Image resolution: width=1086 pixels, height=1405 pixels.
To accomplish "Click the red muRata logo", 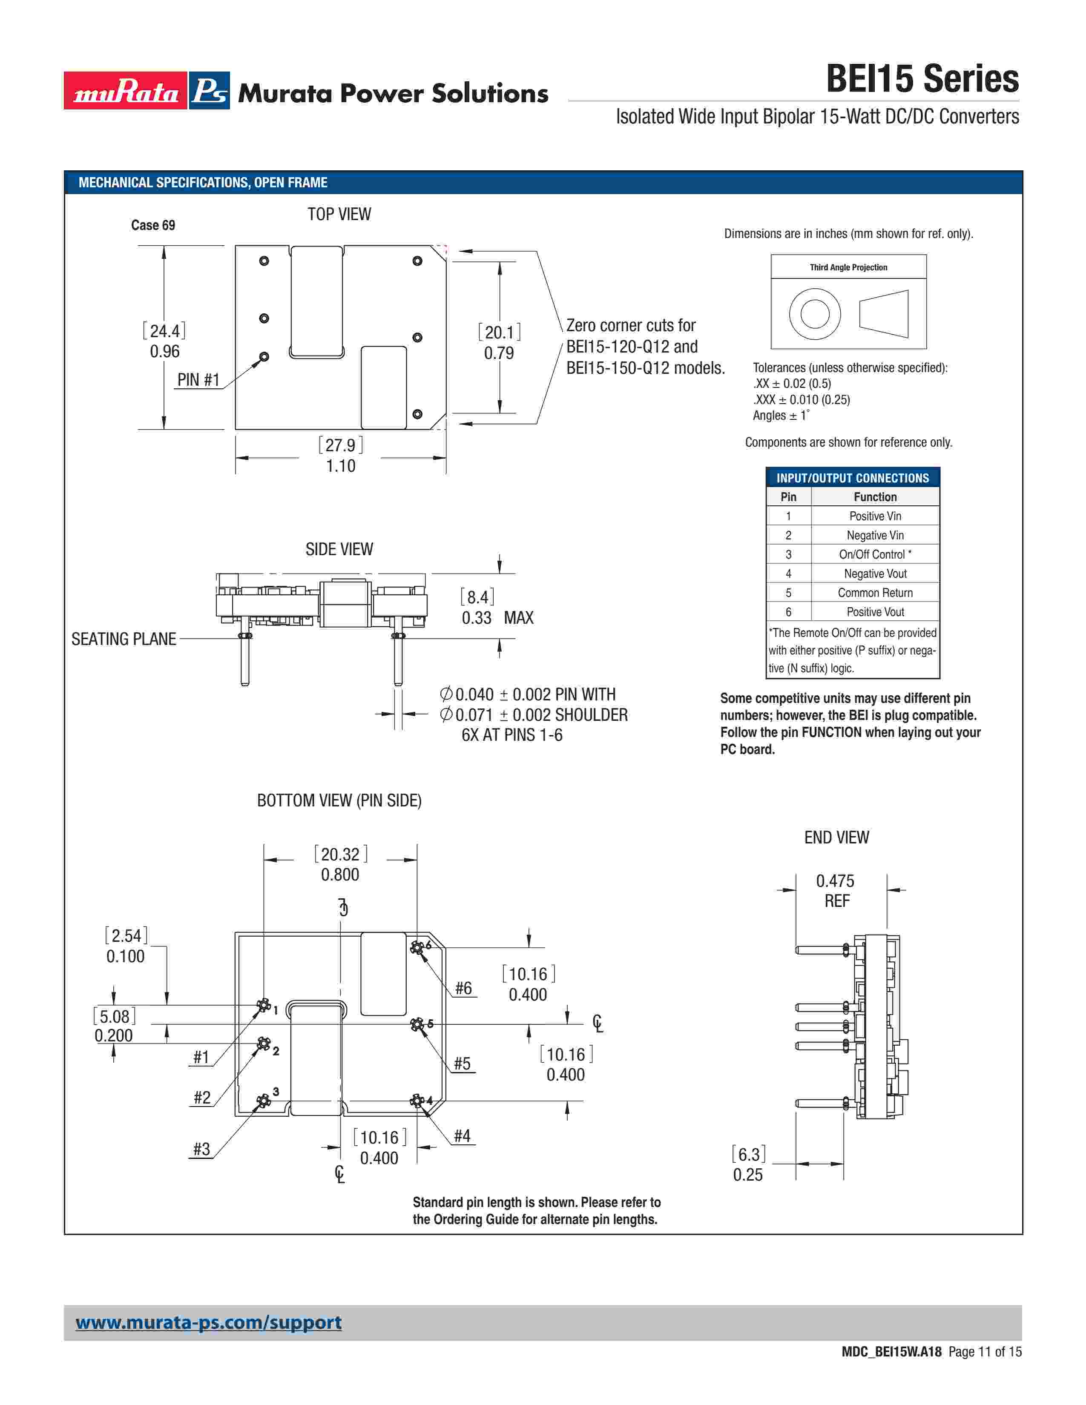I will tap(126, 91).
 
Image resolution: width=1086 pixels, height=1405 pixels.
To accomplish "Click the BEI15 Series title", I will tap(922, 79).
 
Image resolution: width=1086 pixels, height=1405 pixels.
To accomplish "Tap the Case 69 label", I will tap(153, 225).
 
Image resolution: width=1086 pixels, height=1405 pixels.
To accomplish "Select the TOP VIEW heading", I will tap(339, 214).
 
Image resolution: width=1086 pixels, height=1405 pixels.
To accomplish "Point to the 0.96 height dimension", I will tap(165, 351).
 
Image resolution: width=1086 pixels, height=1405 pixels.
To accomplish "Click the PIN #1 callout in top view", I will tap(198, 379).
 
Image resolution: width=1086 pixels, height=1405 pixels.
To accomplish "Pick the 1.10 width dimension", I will tap(340, 466).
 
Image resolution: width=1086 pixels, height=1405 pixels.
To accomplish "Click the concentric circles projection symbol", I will tap(814, 314).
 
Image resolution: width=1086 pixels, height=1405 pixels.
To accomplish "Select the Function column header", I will tap(875, 496).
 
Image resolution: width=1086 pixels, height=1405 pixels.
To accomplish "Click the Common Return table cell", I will tap(875, 593).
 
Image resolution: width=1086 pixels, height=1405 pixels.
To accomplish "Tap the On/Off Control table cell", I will tap(875, 554).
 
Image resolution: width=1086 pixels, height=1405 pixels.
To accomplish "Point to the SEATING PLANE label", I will tap(124, 639).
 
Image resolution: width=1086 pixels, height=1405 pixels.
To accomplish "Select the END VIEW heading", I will tap(836, 837).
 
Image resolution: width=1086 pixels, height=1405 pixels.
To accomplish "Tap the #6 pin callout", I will tap(463, 988).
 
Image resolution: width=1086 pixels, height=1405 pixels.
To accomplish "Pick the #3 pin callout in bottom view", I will tap(201, 1149).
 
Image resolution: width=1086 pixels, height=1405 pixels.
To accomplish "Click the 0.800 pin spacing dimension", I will tap(340, 874).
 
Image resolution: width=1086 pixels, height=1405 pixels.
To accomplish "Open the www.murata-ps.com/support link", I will tap(208, 1323).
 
